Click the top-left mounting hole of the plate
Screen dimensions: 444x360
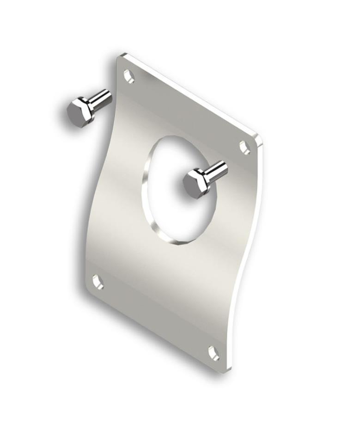129,76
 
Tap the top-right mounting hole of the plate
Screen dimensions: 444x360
244,148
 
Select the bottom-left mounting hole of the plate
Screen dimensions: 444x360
98,282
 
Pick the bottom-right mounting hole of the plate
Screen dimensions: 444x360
214,353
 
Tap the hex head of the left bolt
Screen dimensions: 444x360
80,112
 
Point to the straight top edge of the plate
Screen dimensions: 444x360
189,95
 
